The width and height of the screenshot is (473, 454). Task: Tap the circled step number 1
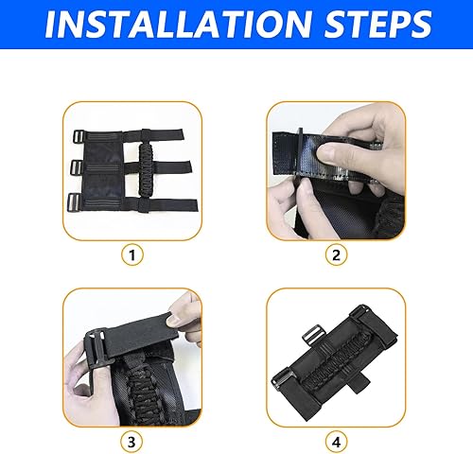click(x=132, y=253)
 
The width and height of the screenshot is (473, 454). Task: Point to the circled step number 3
click(x=132, y=440)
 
